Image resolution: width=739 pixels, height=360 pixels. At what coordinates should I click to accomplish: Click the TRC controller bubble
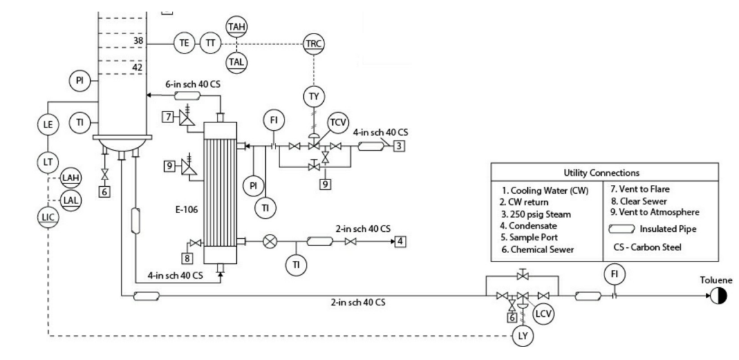click(314, 44)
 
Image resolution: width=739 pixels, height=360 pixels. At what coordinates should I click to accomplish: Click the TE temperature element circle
click(184, 43)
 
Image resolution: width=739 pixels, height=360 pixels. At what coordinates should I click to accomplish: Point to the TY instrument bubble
click(314, 97)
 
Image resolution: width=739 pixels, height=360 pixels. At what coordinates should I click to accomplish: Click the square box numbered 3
click(400, 146)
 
